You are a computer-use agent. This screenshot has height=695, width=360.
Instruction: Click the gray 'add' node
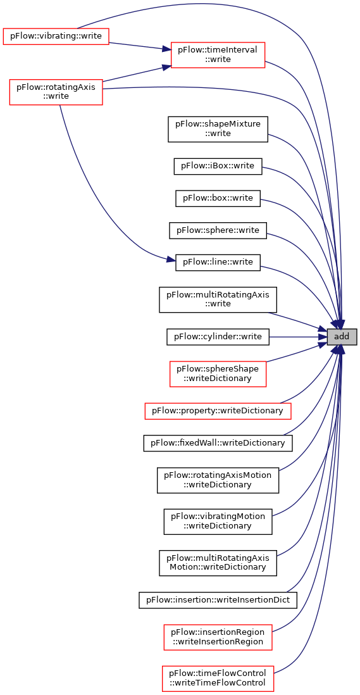coord(342,337)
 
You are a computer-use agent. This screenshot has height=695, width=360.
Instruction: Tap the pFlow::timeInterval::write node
coord(218,55)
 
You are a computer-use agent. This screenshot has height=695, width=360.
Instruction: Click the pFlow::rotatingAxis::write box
coord(56,92)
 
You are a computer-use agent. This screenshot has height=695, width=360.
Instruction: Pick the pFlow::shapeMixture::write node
coord(218,129)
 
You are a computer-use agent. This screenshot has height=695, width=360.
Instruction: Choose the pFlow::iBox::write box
coord(218,166)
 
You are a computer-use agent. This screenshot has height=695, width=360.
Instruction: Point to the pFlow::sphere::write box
coord(218,230)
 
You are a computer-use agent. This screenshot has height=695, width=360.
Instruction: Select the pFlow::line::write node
coord(218,263)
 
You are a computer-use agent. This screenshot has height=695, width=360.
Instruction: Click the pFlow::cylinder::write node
coord(218,337)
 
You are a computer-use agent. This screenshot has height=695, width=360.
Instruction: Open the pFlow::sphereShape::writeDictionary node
coord(218,374)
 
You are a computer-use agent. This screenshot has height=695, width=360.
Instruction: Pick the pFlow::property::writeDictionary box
coord(218,411)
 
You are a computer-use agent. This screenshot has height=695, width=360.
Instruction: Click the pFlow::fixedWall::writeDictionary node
coord(218,443)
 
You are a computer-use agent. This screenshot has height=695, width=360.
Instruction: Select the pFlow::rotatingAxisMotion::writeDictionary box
coord(218,480)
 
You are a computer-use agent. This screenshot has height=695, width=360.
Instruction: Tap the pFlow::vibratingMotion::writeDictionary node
coord(218,522)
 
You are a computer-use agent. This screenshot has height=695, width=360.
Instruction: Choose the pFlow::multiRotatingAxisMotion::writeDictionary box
coord(218,563)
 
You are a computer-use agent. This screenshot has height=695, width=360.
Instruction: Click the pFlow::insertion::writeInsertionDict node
coord(218,600)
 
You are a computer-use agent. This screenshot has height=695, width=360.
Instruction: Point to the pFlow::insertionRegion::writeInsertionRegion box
coord(218,637)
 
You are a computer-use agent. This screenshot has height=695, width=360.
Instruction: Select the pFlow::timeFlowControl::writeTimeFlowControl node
coord(218,679)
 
